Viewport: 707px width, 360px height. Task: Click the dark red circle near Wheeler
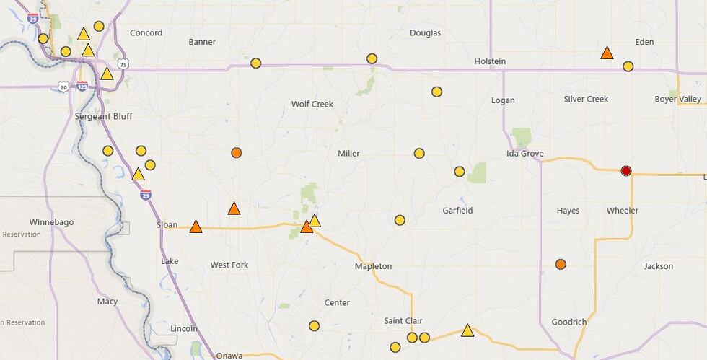[626, 171]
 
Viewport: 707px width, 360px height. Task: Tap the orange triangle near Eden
[607, 53]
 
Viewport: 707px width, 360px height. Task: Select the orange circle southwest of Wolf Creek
[236, 153]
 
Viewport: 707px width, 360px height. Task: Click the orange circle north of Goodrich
[561, 265]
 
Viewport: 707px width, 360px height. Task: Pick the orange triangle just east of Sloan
[196, 227]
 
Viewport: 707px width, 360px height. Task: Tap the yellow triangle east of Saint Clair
[467, 331]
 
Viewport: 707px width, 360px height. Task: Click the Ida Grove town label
[524, 154]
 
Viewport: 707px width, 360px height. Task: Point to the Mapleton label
[373, 266]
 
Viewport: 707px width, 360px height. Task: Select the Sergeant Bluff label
[103, 116]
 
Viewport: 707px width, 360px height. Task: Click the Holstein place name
[490, 61]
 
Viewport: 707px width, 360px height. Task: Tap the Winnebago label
[51, 222]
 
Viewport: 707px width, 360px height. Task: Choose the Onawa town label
[229, 355]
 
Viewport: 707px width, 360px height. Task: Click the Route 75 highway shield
[123, 63]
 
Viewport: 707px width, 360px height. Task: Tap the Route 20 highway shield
[63, 87]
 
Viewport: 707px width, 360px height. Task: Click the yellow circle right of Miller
[419, 153]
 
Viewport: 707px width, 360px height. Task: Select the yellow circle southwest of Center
[314, 326]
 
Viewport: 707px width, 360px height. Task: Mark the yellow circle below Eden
[628, 66]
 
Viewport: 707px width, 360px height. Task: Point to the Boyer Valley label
[677, 99]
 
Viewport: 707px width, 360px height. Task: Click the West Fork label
[229, 265]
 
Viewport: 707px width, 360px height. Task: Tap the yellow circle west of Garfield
[400, 220]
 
